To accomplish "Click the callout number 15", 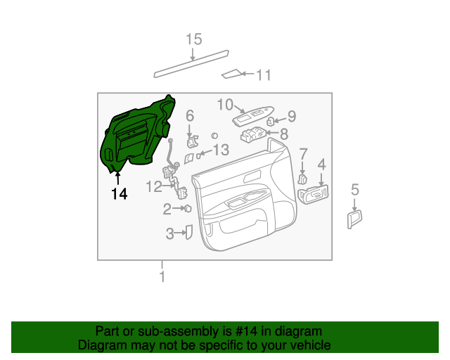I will (x=193, y=39).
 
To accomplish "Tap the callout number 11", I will (x=263, y=75).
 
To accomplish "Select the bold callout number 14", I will (x=119, y=193).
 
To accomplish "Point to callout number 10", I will (x=224, y=105).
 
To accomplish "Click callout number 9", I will (x=292, y=116).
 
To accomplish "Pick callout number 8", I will (x=284, y=133).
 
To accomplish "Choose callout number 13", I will (x=221, y=150).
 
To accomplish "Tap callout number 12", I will (x=154, y=186).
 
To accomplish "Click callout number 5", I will (x=355, y=189).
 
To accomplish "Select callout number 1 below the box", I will (x=162, y=276).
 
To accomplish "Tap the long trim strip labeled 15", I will (x=191, y=63).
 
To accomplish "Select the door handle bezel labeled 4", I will (x=314, y=195).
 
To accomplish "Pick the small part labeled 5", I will (x=354, y=219).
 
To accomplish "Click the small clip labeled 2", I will (x=188, y=209).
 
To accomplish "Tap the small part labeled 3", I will (x=188, y=232).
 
